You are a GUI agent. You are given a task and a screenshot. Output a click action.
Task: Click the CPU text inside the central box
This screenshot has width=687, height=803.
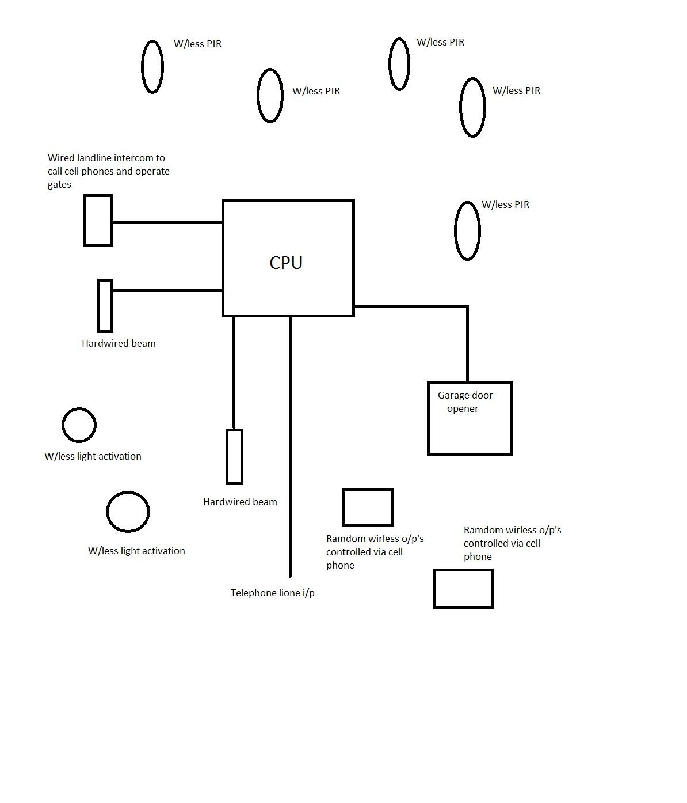pyautogui.click(x=285, y=263)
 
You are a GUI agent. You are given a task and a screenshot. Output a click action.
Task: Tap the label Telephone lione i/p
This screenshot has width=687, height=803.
pyautogui.click(x=273, y=593)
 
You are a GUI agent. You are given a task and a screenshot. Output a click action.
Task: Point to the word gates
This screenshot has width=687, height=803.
pyautogui.click(x=59, y=184)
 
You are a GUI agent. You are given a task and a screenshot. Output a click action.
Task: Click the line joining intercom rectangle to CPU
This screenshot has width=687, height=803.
pyautogui.click(x=167, y=222)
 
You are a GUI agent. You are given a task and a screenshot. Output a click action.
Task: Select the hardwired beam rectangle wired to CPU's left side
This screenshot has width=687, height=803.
pyautogui.click(x=105, y=306)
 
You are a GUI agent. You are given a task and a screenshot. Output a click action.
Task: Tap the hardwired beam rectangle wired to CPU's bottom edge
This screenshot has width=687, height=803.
pyautogui.click(x=234, y=457)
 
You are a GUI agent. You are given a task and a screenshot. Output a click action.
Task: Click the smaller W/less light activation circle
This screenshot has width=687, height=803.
pyautogui.click(x=79, y=408)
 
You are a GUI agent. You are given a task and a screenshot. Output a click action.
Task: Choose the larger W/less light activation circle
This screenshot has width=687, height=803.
pyautogui.click(x=128, y=492)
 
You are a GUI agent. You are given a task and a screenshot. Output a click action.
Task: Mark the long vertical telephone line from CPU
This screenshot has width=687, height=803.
pyautogui.click(x=290, y=446)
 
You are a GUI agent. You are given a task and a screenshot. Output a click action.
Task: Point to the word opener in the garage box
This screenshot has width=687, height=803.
pyautogui.click(x=463, y=409)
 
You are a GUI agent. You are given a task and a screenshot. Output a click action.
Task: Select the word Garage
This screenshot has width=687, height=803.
pyautogui.click(x=452, y=396)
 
